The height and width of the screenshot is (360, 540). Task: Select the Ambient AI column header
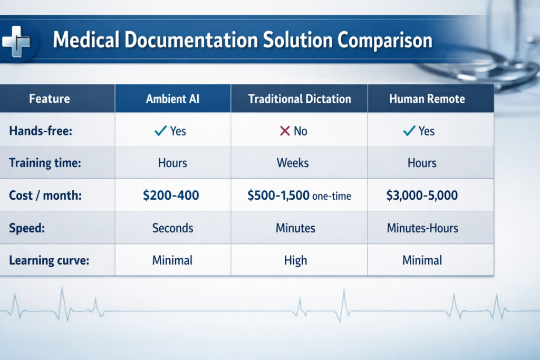click(x=172, y=99)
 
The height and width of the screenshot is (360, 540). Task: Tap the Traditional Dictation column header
click(x=299, y=99)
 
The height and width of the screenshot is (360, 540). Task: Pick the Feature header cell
click(x=50, y=99)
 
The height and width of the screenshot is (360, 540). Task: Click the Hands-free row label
click(x=40, y=131)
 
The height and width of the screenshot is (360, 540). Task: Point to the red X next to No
click(x=285, y=131)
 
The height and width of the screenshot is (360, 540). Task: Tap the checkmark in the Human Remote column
click(x=409, y=131)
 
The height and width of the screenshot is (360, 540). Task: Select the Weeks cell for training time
click(x=293, y=163)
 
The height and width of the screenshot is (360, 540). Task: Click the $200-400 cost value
click(x=171, y=196)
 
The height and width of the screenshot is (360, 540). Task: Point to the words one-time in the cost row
click(x=331, y=197)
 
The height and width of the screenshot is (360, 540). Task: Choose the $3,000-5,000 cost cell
click(x=422, y=196)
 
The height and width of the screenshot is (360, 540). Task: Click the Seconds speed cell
click(x=172, y=228)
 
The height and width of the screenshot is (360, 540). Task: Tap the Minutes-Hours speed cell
click(x=422, y=228)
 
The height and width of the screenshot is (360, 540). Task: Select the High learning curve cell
click(x=295, y=260)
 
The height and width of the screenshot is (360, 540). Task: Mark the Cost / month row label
click(x=46, y=196)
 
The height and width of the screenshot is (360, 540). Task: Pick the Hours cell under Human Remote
click(x=422, y=163)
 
